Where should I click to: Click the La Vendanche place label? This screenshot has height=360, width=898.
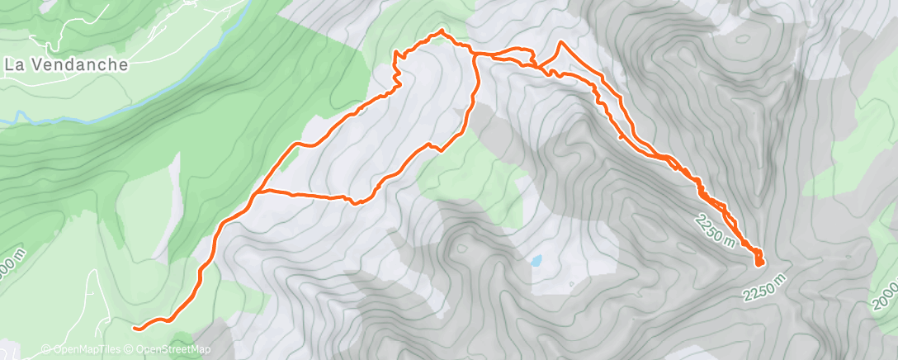66,64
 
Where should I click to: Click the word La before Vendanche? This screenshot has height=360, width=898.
13,64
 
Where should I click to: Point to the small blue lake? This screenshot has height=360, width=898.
536,261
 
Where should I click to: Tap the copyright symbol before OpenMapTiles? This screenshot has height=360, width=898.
45,349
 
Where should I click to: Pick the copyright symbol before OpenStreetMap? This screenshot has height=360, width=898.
130,349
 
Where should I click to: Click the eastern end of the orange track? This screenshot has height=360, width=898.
759,263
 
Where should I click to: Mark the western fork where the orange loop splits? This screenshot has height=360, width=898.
258,192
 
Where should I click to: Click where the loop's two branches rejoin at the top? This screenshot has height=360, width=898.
474,54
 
